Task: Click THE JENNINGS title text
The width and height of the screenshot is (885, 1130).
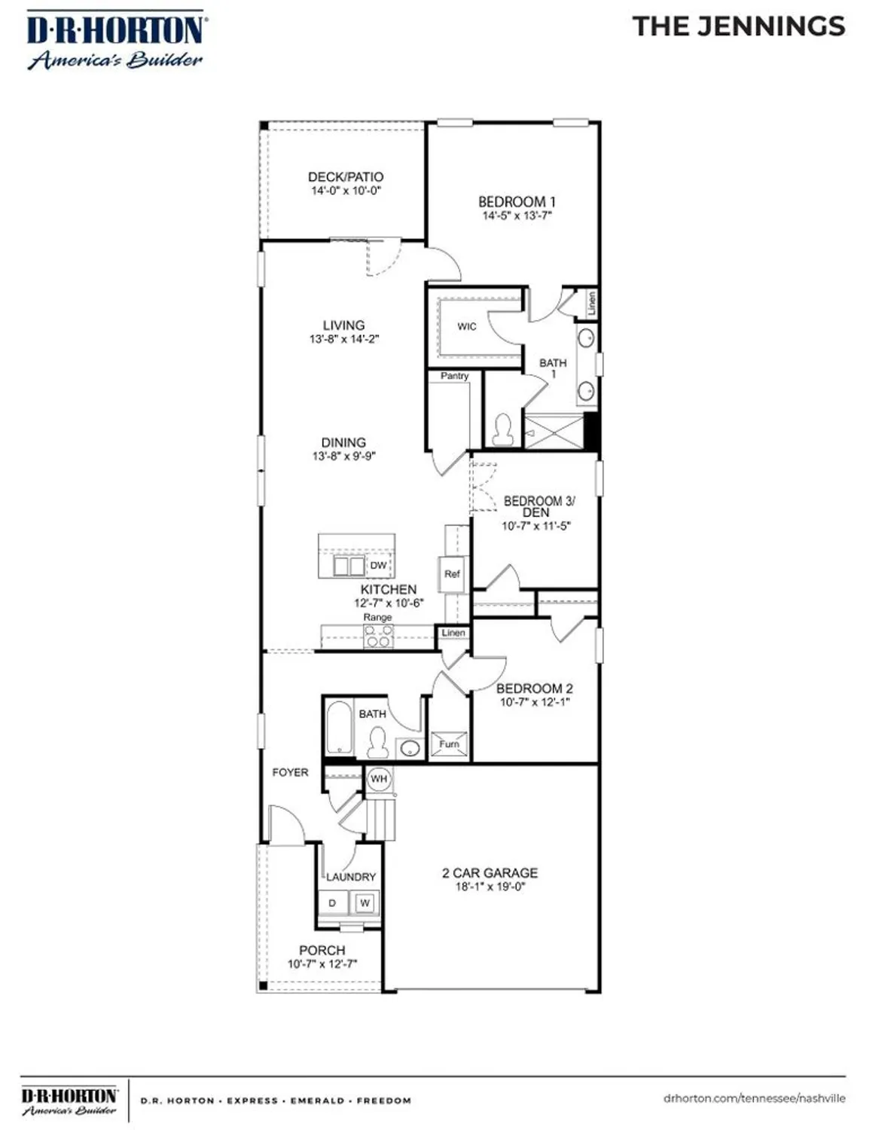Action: click(739, 27)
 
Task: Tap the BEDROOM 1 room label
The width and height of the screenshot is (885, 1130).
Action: click(517, 202)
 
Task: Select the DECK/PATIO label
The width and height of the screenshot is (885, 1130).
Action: click(346, 177)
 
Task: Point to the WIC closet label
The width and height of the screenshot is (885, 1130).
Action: click(467, 327)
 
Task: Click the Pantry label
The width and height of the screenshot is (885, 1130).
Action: click(454, 376)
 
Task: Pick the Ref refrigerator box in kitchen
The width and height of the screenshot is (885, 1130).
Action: click(452, 574)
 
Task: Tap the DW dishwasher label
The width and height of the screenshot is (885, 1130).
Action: click(378, 566)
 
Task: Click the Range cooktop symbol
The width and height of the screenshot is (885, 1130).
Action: click(378, 637)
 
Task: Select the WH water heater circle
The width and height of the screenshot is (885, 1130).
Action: click(379, 779)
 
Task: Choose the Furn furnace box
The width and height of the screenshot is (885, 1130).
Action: click(450, 744)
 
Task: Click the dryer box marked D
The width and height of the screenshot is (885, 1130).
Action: click(332, 902)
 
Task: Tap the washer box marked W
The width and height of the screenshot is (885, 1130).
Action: click(365, 902)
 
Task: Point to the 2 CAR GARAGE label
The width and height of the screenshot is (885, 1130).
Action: click(490, 873)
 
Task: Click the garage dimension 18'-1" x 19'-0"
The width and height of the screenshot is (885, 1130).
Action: click(490, 887)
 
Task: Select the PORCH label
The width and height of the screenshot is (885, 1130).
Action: click(322, 951)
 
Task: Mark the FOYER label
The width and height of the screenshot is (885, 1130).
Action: click(290, 772)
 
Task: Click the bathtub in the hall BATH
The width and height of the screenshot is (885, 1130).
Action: click(339, 728)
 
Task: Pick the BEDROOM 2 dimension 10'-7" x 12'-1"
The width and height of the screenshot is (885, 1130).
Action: click(535, 702)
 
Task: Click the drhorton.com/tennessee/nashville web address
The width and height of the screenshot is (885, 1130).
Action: click(754, 1098)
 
